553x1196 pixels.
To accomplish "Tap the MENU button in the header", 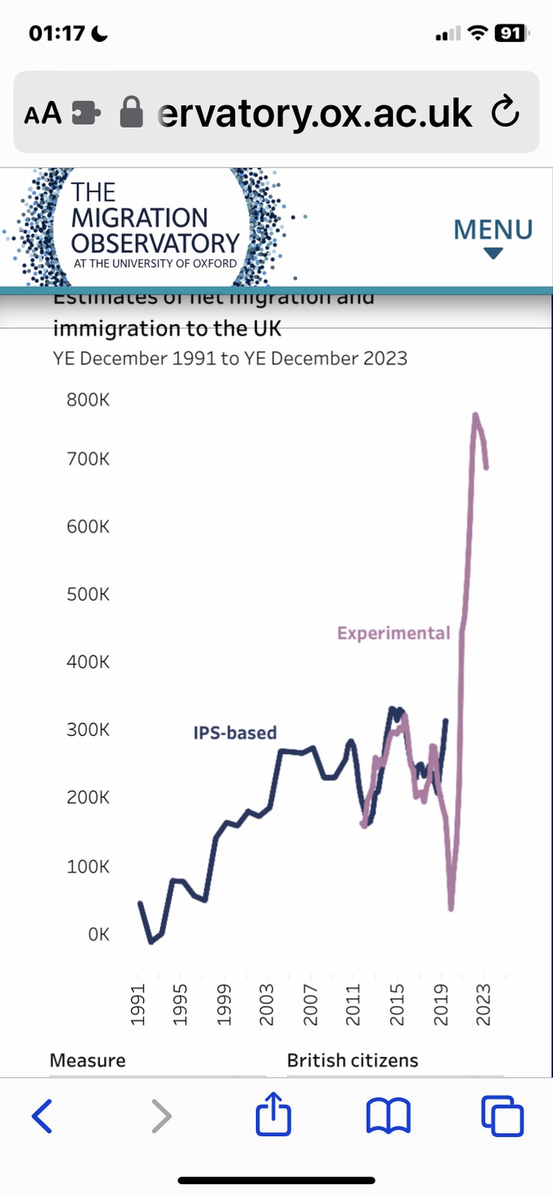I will (x=492, y=236).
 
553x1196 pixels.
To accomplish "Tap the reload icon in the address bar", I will (x=505, y=112).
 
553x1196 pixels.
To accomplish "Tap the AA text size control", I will (x=43, y=114).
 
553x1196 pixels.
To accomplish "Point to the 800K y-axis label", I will (x=88, y=400).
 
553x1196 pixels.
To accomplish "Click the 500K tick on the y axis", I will (x=88, y=594).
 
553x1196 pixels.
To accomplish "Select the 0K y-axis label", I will (x=98, y=934).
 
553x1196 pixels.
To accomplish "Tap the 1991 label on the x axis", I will (x=138, y=1005).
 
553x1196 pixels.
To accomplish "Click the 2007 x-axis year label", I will (x=311, y=1005).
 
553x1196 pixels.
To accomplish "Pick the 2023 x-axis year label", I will (x=483, y=1005).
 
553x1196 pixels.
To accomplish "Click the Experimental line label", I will (x=394, y=633).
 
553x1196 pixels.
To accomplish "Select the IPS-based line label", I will (x=235, y=733).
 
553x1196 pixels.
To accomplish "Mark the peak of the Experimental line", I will (x=475, y=414).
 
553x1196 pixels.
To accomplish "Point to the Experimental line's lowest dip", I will (x=451, y=908).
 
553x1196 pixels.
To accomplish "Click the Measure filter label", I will (x=88, y=1060).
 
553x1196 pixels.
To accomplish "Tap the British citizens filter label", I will (x=352, y=1060).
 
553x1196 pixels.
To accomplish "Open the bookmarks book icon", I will (x=388, y=1116).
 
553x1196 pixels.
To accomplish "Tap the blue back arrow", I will (x=43, y=1116).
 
